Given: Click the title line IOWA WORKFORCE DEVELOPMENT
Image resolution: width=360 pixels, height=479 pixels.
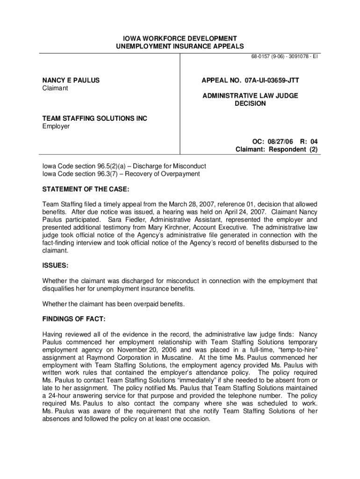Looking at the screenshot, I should pyautogui.click(x=180, y=38).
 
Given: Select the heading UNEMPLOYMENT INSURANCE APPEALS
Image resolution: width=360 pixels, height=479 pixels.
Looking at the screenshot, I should pyautogui.click(x=180, y=46).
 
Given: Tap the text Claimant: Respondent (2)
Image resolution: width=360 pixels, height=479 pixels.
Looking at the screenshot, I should pyautogui.click(x=276, y=150).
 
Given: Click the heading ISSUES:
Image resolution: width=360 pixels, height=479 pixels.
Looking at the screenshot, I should pyautogui.click(x=56, y=265).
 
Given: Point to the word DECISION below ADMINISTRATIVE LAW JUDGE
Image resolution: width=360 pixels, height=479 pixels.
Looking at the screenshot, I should pyautogui.click(x=250, y=103).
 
